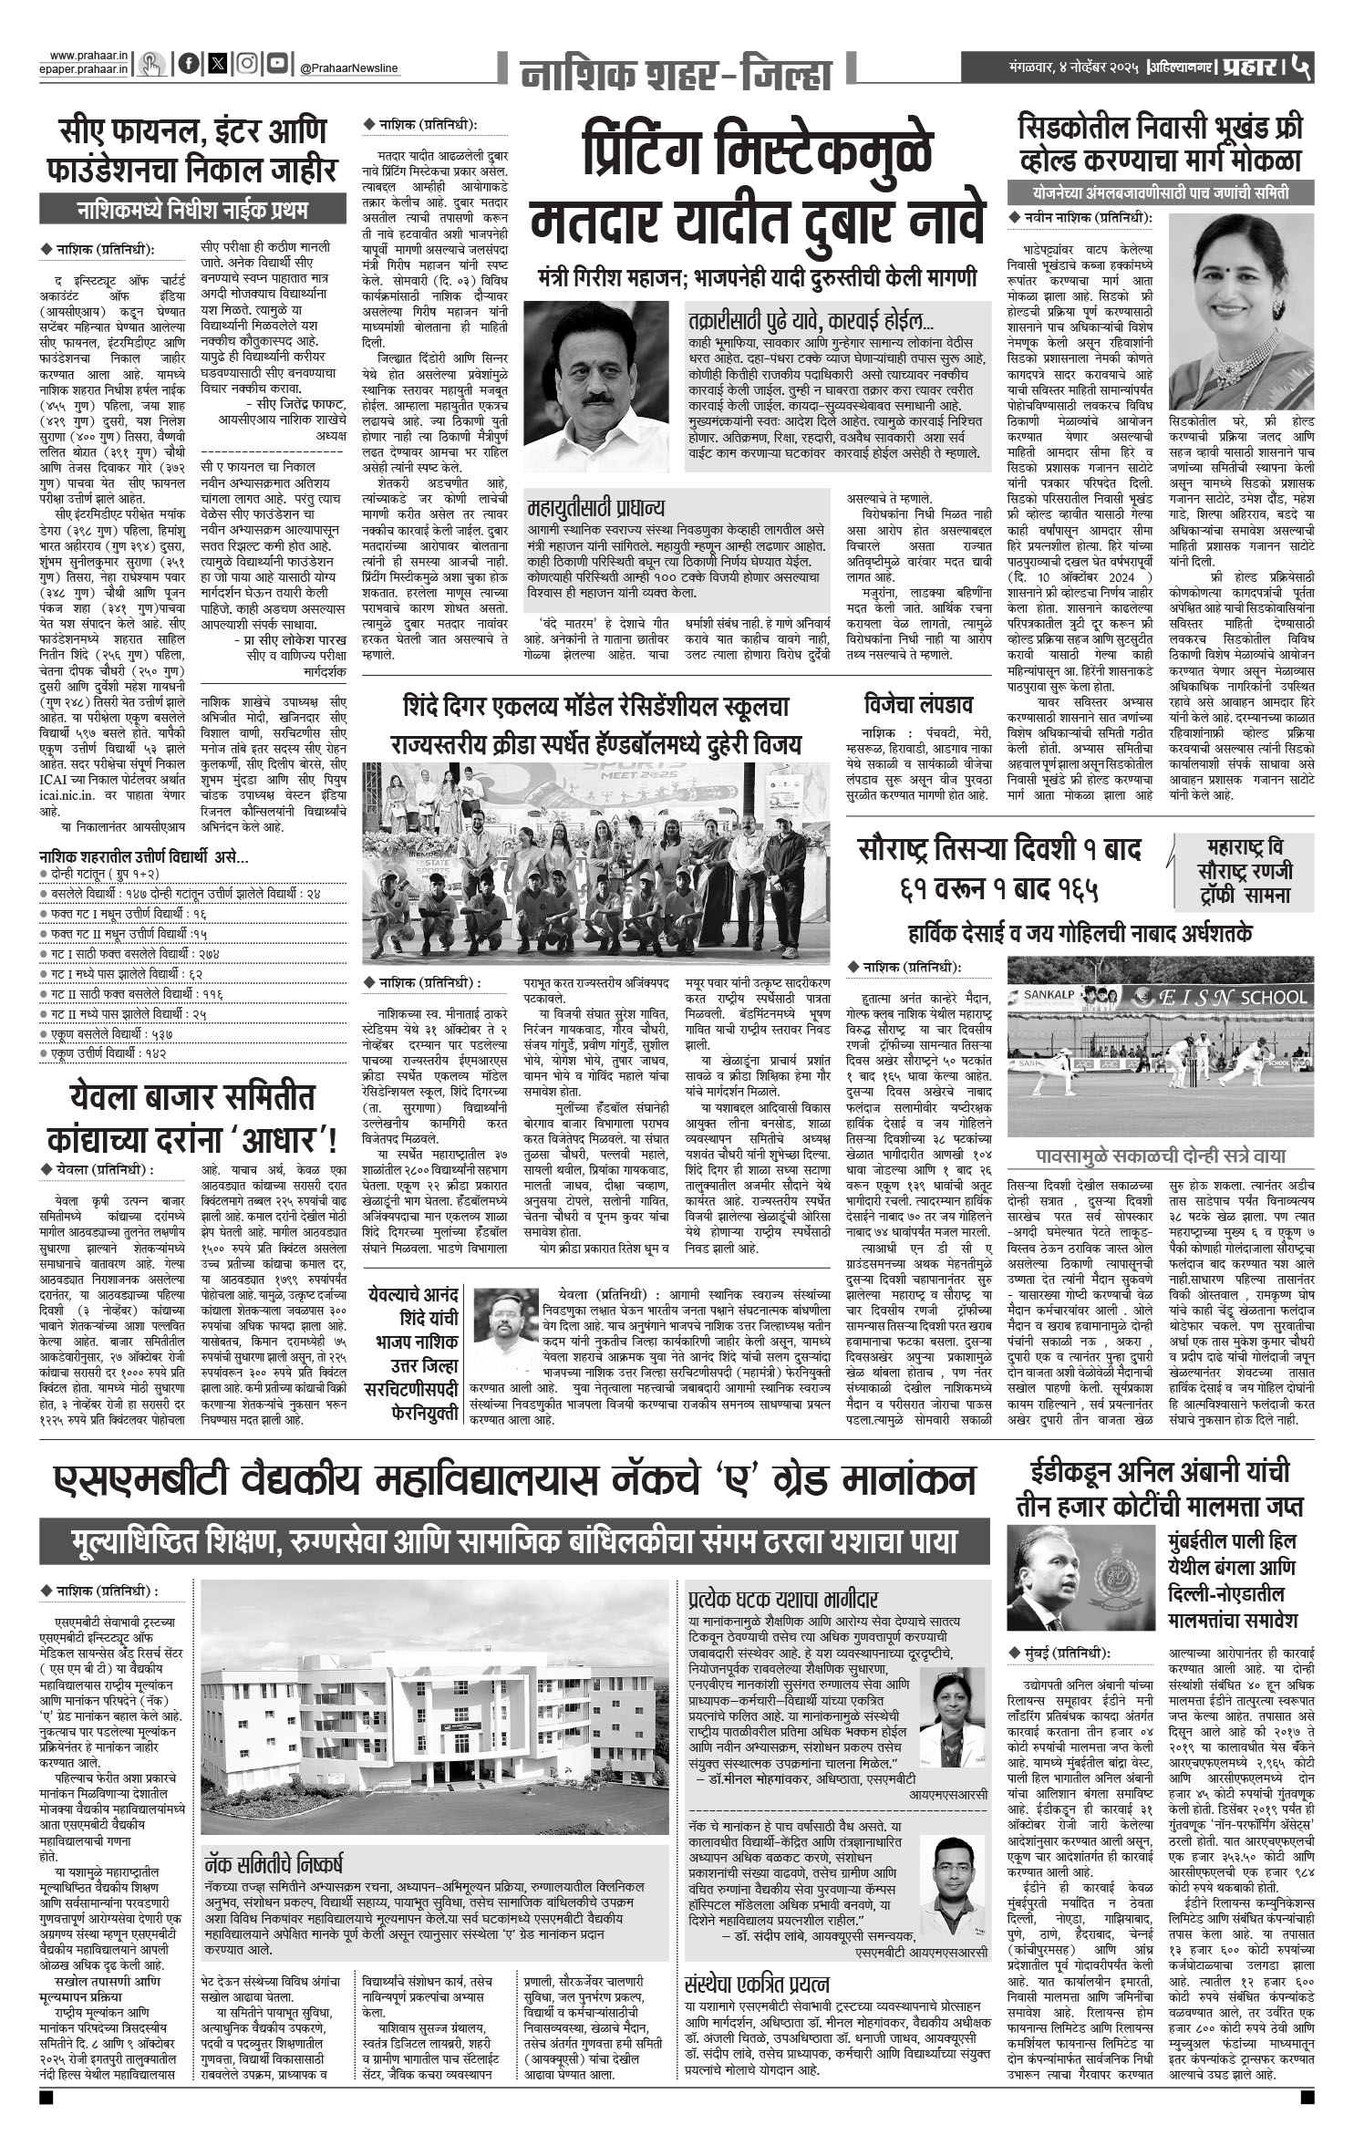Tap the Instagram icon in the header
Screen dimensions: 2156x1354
(246, 63)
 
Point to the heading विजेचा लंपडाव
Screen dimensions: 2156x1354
(918, 703)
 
